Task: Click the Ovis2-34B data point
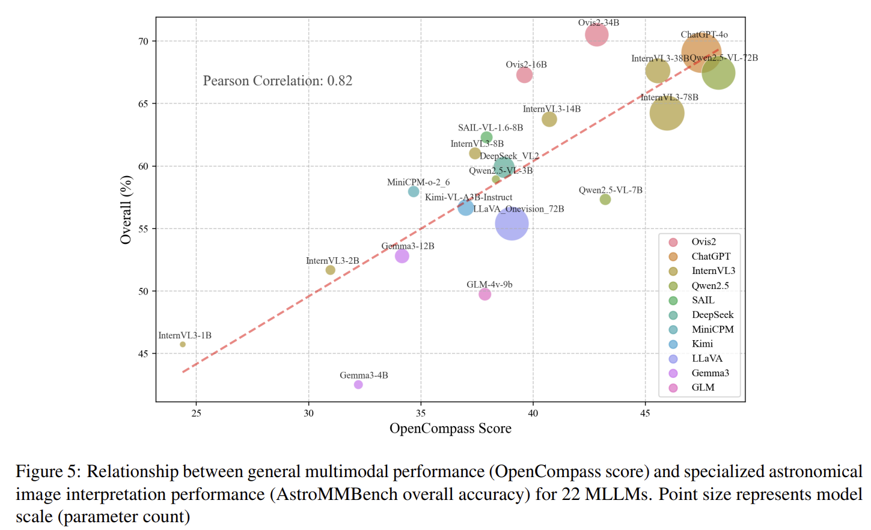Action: point(596,35)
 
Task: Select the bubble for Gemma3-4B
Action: point(358,385)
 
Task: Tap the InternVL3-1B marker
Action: point(183,344)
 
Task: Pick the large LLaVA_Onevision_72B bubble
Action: point(512,224)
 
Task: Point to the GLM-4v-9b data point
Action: point(484,294)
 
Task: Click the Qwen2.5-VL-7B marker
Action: point(605,200)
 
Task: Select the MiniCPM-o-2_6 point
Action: point(414,192)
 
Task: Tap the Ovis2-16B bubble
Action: point(524,75)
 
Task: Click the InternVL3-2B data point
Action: point(330,270)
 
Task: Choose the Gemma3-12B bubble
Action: point(402,256)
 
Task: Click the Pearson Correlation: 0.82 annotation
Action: point(277,81)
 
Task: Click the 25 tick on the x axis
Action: point(197,413)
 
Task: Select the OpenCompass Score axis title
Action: point(450,428)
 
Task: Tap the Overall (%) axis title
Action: point(126,210)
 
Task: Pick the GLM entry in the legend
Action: point(703,388)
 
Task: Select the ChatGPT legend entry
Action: point(711,257)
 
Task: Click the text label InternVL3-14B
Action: point(551,109)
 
